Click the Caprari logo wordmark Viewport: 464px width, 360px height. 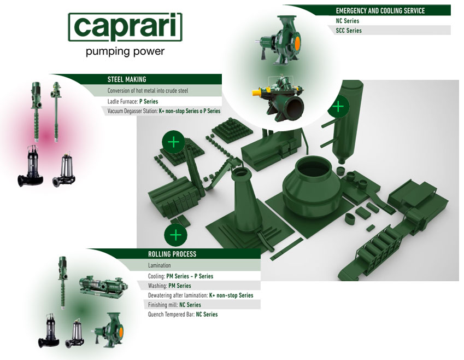[x=125, y=27]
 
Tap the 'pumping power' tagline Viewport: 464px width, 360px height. [x=125, y=51]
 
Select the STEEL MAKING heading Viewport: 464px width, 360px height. [x=127, y=79]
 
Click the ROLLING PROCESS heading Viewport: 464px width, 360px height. [x=172, y=254]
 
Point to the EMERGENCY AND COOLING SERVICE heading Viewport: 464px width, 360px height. [x=380, y=11]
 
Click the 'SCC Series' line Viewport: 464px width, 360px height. [x=349, y=31]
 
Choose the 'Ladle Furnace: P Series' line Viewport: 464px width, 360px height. [x=133, y=101]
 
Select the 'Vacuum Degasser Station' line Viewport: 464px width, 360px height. [x=163, y=111]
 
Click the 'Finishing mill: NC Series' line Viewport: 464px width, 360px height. [x=174, y=305]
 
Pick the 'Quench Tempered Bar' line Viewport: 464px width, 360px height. [x=183, y=315]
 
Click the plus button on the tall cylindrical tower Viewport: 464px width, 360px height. [x=338, y=106]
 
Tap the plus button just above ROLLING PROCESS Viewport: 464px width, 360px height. [x=176, y=236]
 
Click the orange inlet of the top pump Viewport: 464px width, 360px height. [x=297, y=40]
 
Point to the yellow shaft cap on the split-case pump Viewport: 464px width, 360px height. [x=255, y=92]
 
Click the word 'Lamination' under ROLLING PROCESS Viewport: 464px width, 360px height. [x=159, y=265]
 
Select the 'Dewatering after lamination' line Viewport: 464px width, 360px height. [x=201, y=295]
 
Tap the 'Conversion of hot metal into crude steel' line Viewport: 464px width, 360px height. [x=148, y=91]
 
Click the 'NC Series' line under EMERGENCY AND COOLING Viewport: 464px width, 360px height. [x=348, y=21]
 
